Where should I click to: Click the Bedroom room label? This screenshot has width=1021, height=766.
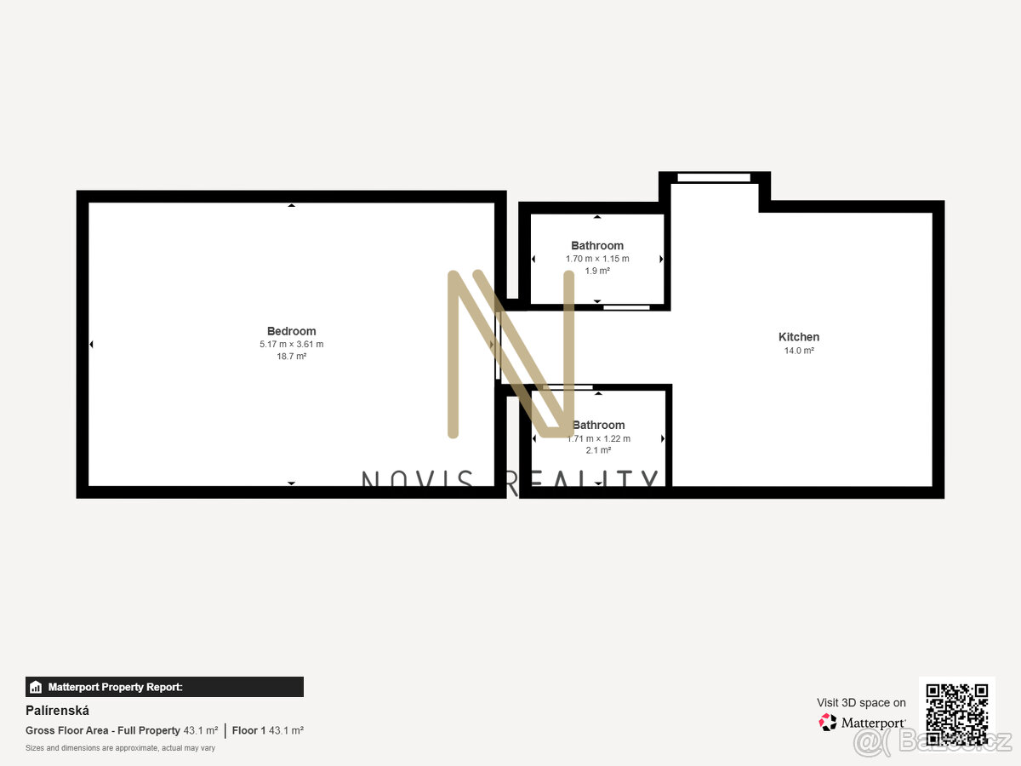[x=291, y=331]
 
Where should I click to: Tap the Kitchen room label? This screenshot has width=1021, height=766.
[x=799, y=337]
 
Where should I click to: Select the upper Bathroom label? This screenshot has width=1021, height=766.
[x=597, y=246]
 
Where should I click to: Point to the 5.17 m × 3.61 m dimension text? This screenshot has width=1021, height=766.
[x=291, y=345]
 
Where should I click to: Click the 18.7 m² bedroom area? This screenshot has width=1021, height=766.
[x=291, y=357]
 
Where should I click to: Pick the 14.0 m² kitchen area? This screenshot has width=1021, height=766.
[x=799, y=351]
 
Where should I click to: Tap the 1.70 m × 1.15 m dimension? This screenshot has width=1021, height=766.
[x=597, y=259]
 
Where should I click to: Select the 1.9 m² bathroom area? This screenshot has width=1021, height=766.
[x=597, y=271]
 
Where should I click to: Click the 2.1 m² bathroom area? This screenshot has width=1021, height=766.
[x=598, y=450]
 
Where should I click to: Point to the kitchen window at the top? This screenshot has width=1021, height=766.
[x=714, y=177]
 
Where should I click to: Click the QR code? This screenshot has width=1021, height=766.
[x=956, y=715]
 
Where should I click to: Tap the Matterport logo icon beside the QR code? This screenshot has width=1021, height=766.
[x=827, y=723]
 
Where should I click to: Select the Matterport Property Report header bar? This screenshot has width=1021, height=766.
[x=164, y=687]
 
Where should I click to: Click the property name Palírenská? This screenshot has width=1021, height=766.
[x=57, y=711]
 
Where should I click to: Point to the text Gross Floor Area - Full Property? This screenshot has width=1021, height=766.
[x=103, y=730]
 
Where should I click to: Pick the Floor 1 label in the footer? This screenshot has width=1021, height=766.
[x=249, y=730]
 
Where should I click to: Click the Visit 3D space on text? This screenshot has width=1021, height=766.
[x=861, y=702]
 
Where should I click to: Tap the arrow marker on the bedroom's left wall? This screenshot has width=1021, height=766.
[x=91, y=344]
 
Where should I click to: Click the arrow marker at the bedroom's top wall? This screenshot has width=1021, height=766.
[x=291, y=205]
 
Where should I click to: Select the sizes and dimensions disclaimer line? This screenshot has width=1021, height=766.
[x=120, y=748]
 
